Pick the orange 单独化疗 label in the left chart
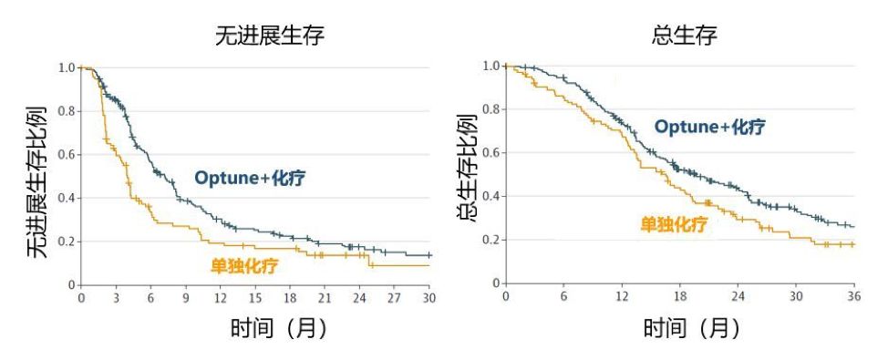[x=243, y=266]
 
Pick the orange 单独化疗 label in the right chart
[x=673, y=224]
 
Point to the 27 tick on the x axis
[x=395, y=298]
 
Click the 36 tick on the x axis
[x=854, y=297]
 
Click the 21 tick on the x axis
[x=325, y=298]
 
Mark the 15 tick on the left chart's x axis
[x=255, y=298]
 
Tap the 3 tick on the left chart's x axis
[x=116, y=298]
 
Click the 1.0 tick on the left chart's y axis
[x=67, y=67]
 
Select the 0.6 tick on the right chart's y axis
[x=490, y=153]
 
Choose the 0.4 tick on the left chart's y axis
[x=67, y=198]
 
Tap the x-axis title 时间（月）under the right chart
[x=690, y=327]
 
